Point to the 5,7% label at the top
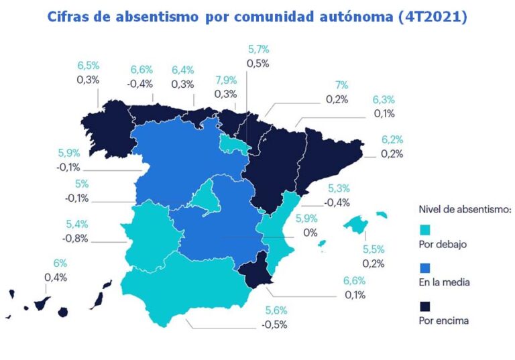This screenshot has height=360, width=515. [x=258, y=50]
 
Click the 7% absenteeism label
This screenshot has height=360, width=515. [x=342, y=85]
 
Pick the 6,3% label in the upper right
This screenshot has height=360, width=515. [x=384, y=100]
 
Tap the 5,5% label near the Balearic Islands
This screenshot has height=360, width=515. [x=374, y=249]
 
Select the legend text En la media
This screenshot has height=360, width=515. [x=443, y=282]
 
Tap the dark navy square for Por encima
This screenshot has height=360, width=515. [x=424, y=306]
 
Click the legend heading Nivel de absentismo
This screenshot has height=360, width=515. [x=464, y=209]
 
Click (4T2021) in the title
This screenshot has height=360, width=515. [x=434, y=17]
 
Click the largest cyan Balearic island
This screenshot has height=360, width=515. [x=356, y=224]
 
